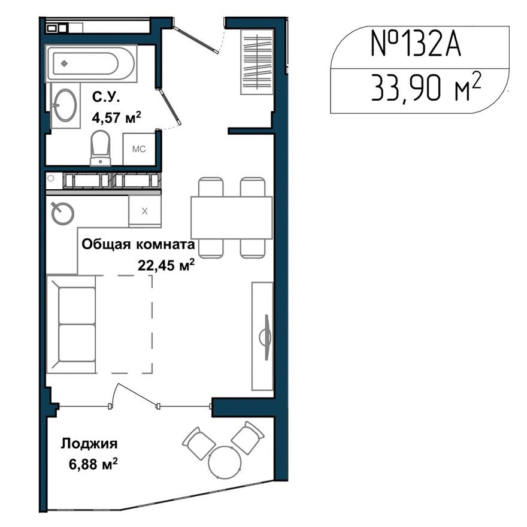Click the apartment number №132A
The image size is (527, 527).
coord(416,46)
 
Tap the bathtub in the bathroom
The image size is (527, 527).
coord(92,63)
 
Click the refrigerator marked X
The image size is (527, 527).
coord(145,211)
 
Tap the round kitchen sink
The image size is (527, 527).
coord(62,213)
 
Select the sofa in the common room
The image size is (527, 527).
coord(72,324)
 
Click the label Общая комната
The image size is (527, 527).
coord(138,244)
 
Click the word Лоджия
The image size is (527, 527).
coord(89,444)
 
